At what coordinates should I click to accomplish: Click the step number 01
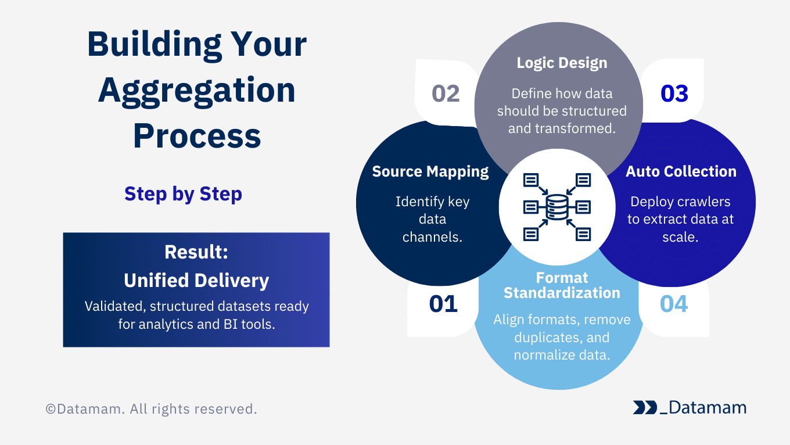[443, 304]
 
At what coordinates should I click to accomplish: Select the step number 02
[446, 94]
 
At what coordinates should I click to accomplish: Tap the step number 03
[674, 94]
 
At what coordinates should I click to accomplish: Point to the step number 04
[674, 304]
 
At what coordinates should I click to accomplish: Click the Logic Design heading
[562, 63]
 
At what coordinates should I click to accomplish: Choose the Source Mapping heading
[430, 172]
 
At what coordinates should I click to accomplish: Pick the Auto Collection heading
[681, 171]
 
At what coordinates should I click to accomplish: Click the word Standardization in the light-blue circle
[562, 293]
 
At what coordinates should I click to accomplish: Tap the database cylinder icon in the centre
[557, 207]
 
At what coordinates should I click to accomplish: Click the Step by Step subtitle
[183, 194]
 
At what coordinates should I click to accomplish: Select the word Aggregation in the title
[197, 91]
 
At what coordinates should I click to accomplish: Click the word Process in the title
[197, 136]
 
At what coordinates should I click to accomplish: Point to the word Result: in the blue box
[196, 252]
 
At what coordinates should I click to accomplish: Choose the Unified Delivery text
[196, 281]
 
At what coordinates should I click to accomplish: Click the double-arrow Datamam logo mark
[645, 407]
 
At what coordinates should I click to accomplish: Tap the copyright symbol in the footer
[51, 409]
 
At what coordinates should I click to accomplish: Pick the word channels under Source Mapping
[432, 237]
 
